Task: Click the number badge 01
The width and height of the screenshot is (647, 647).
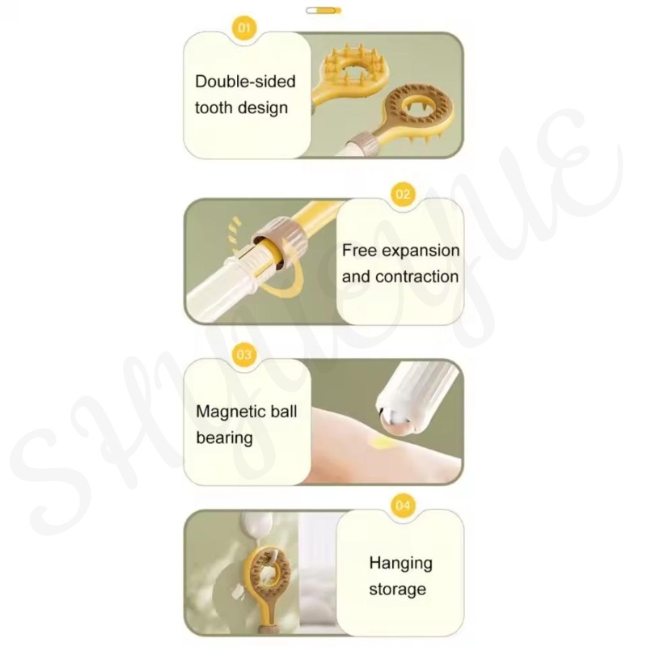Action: click(x=244, y=27)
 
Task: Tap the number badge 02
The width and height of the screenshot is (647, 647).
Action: click(x=403, y=194)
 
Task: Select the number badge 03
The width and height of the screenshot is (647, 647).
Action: click(x=244, y=354)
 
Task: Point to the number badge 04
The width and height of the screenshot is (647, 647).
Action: click(x=403, y=505)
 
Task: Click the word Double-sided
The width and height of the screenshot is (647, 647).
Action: click(x=246, y=82)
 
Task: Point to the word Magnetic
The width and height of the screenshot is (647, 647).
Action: click(x=226, y=412)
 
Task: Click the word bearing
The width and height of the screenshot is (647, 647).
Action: click(x=225, y=438)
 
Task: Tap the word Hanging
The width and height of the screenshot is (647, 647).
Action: click(x=400, y=563)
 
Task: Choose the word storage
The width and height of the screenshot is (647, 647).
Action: click(x=397, y=590)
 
